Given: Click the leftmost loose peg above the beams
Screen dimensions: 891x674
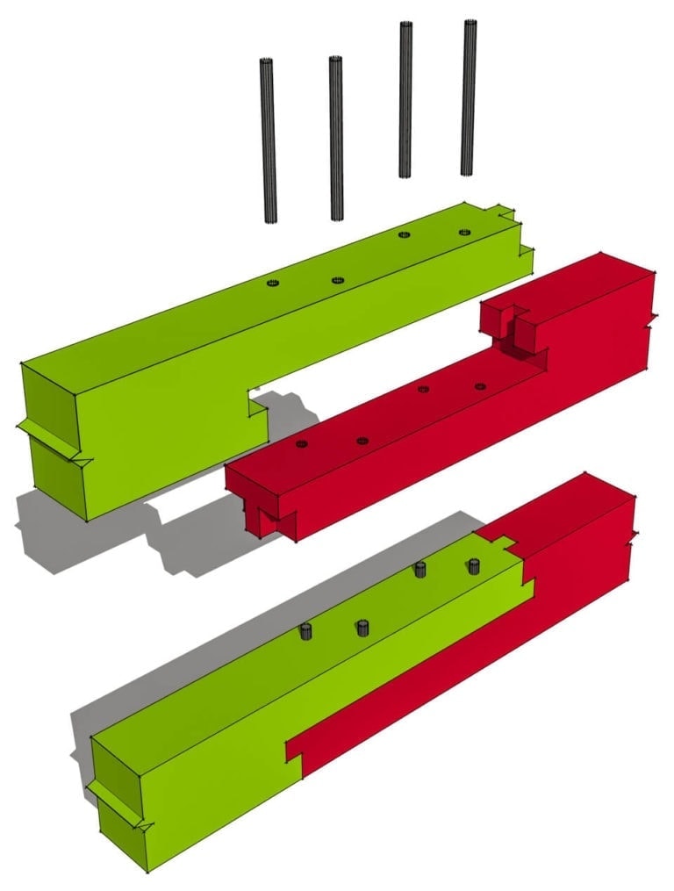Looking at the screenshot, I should (x=269, y=140).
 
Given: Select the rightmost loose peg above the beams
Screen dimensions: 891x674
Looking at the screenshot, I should (x=469, y=97).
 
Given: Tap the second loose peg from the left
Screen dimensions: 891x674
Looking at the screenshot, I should (x=336, y=139).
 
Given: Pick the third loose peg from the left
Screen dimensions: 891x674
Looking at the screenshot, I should (x=405, y=99).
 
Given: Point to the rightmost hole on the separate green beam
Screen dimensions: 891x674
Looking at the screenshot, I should (x=464, y=233).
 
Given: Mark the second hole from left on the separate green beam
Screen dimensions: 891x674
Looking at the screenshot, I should (x=337, y=280).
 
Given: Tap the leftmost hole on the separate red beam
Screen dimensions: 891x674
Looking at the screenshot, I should (x=301, y=444).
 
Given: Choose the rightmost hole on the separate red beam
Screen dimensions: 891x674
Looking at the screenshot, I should (x=480, y=386).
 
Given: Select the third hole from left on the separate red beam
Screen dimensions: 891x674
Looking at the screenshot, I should (x=423, y=389).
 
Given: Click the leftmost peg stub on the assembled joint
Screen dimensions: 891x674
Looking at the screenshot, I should (x=306, y=631).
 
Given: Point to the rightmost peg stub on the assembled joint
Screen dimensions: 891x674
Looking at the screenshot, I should (x=475, y=565).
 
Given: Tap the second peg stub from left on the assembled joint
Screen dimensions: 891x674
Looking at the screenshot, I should (x=362, y=628).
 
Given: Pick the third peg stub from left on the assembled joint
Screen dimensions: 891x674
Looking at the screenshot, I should (x=420, y=571).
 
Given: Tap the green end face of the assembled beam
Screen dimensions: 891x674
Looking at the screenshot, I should (x=118, y=799).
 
